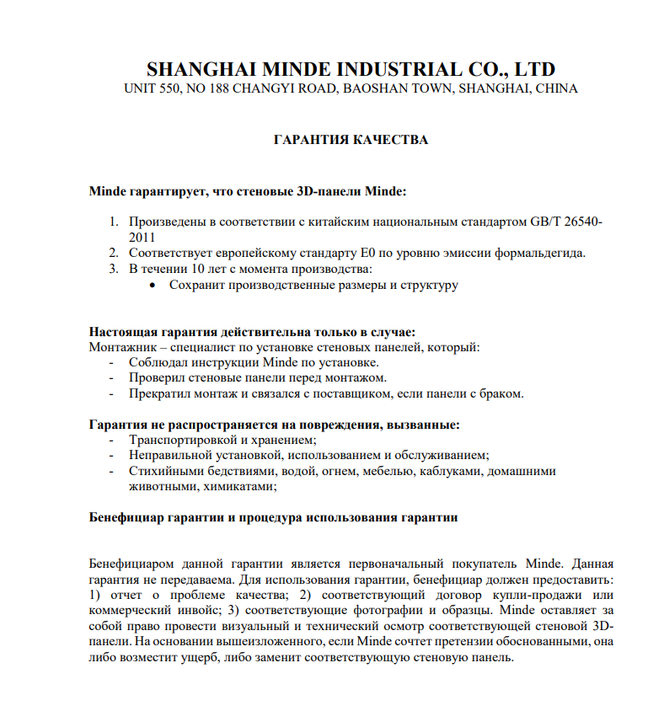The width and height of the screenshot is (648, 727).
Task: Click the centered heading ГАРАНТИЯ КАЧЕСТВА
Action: (351, 140)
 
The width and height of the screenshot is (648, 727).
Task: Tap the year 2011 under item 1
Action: (142, 237)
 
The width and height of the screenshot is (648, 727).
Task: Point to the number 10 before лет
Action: (199, 269)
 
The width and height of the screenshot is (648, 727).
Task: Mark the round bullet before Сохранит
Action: (153, 286)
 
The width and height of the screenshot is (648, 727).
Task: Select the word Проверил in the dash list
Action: (156, 378)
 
